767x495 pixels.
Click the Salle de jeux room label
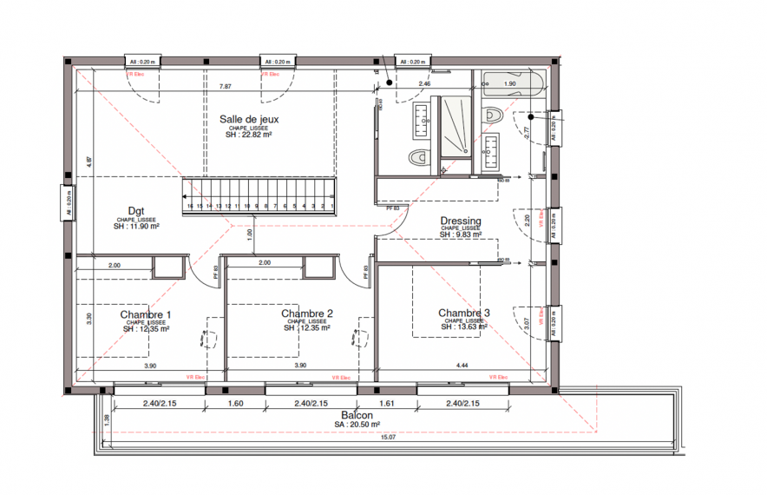249,119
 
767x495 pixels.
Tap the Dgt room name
136,210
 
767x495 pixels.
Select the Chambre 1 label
146,314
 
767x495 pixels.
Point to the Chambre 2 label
307,313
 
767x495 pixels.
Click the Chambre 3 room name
464,313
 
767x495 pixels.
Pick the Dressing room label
460,221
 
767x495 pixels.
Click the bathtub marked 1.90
511,84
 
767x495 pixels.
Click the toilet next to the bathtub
494,114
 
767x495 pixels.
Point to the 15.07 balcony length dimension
388,437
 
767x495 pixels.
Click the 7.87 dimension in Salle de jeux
226,86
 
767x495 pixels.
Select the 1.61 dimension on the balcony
386,404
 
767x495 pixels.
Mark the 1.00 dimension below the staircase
249,234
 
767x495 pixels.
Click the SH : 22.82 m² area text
249,135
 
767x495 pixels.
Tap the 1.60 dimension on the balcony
234,404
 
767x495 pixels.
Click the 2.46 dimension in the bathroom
424,84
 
